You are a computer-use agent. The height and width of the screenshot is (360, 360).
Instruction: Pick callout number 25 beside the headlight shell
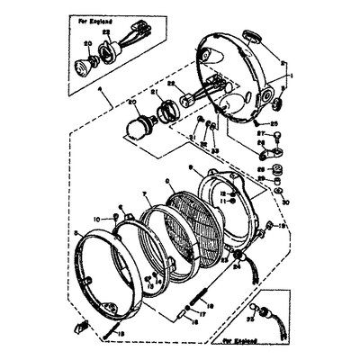pyautogui.click(x=274, y=122)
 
